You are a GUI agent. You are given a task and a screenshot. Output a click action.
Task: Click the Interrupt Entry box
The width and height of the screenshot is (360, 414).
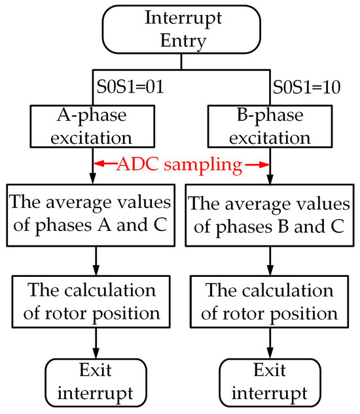181,30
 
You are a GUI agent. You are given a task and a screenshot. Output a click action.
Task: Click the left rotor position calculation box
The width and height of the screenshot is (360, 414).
96,302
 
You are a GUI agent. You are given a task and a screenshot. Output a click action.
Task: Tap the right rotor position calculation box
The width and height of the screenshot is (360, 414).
270,302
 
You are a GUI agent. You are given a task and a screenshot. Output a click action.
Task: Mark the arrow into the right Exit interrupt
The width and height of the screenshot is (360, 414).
270,345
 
